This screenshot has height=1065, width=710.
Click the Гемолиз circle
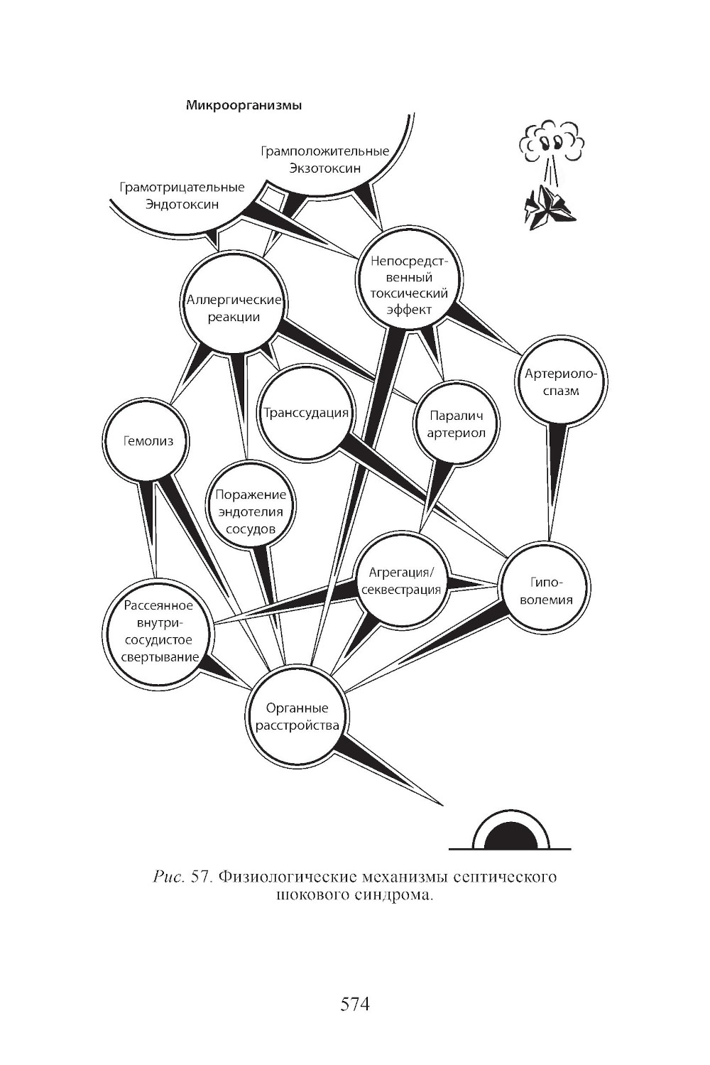[148, 441]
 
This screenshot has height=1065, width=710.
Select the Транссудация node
[305, 413]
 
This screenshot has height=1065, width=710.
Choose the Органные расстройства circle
[297, 717]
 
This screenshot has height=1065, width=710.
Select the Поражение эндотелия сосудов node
[251, 512]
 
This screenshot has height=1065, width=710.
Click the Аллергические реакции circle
[234, 308]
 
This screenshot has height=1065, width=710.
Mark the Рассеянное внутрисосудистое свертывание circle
[158, 631]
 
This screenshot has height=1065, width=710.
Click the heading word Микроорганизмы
[244, 106]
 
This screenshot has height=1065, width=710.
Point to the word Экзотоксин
[325, 168]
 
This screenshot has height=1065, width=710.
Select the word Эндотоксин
[182, 205]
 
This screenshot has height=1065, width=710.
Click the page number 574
[355, 1005]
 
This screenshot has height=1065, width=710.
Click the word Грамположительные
[324, 151]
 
